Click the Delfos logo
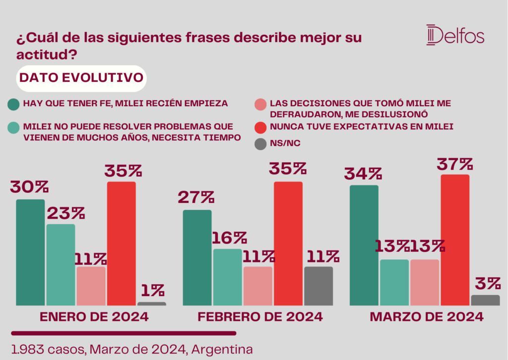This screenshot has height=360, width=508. click(x=455, y=35)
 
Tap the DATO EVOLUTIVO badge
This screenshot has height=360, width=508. click(x=81, y=78)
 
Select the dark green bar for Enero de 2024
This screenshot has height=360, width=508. click(x=30, y=252)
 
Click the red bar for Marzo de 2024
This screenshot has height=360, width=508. click(x=455, y=240)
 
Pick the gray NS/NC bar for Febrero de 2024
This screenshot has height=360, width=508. click(x=318, y=286)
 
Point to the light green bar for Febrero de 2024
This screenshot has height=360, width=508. click(x=227, y=277)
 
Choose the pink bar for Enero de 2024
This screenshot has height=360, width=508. click(x=91, y=286)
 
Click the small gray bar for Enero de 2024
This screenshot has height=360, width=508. click(x=152, y=304)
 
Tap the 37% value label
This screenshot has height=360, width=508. click(x=455, y=164)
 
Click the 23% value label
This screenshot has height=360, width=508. click(x=66, y=213)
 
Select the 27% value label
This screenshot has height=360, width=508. click(x=196, y=197)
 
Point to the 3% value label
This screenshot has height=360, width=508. click(x=488, y=284)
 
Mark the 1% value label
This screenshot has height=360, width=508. click(x=153, y=291)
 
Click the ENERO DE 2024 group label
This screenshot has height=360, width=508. click(x=94, y=317)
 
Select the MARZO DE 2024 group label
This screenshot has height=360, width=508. click(x=427, y=317)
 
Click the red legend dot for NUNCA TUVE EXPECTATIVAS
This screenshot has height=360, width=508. click(x=260, y=127)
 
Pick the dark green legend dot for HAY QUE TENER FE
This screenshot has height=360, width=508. click(x=13, y=105)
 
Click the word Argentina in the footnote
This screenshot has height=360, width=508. click(x=222, y=350)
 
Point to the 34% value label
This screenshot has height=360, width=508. click(x=363, y=174)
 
